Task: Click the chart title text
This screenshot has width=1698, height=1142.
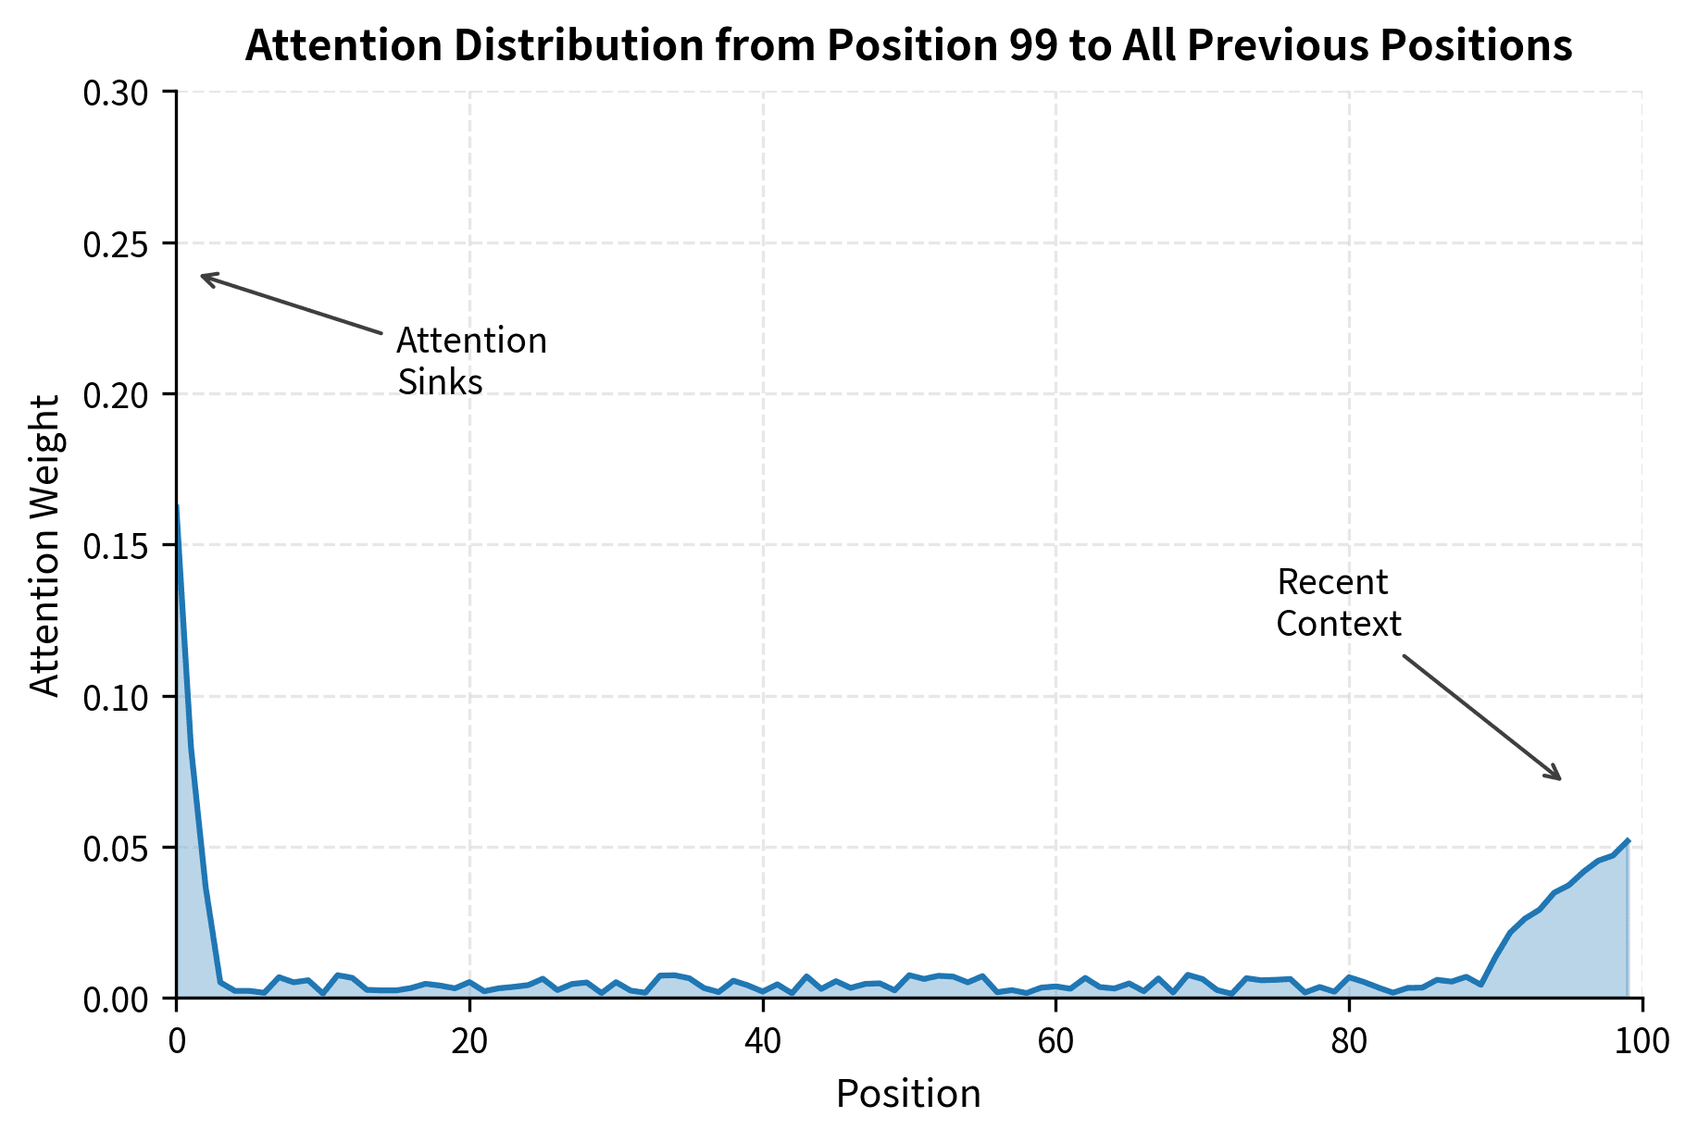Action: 907,45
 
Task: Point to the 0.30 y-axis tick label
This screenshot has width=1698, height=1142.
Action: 121,93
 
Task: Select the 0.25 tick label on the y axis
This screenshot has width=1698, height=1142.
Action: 121,244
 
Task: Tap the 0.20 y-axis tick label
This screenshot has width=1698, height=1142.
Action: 121,395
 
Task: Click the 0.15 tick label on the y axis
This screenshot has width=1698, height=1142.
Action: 121,546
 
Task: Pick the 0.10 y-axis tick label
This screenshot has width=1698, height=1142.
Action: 121,697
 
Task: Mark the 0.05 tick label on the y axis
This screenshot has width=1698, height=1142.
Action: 121,848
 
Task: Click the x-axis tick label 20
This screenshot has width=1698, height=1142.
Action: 469,1041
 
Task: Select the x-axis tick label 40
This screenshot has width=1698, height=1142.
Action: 762,1041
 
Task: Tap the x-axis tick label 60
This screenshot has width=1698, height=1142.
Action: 1055,1041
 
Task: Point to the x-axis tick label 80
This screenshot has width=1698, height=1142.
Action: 1349,1041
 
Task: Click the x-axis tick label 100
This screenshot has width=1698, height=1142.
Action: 1642,1041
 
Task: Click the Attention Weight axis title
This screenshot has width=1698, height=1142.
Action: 44,545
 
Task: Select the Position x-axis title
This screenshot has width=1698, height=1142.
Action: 907,1094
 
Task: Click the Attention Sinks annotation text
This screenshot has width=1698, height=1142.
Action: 470,361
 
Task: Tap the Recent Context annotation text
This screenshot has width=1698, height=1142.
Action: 1337,602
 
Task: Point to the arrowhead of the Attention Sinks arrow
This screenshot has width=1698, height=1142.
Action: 203,276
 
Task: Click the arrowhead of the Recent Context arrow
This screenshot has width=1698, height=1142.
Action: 1559,778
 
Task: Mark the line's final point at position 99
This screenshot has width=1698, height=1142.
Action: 1628,840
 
